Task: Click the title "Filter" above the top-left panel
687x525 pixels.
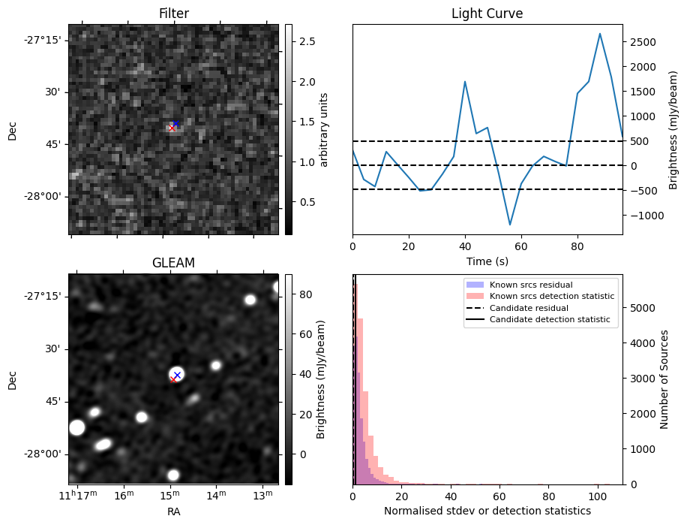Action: (x=173, y=14)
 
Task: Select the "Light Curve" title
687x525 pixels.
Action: (x=487, y=14)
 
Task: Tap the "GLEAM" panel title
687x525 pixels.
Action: (x=173, y=263)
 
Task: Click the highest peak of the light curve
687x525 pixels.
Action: (x=600, y=34)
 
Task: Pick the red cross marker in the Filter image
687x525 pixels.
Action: (x=172, y=128)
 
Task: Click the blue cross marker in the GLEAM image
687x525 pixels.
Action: (x=177, y=375)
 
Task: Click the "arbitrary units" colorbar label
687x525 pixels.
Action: (x=324, y=129)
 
